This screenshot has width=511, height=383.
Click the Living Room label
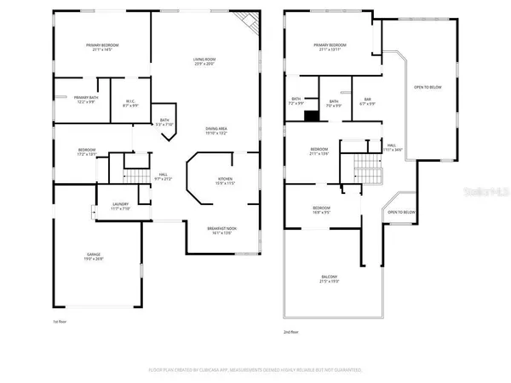coord(203,60)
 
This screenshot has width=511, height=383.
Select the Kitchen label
coord(210,181)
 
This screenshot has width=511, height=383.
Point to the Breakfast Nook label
coord(222,231)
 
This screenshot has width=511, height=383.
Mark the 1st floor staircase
coord(135,174)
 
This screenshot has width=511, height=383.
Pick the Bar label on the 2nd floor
coord(368,102)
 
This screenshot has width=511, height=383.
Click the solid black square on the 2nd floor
coord(312,117)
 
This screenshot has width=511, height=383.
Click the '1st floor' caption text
coord(60,323)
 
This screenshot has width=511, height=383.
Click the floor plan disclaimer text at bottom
coord(255,370)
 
